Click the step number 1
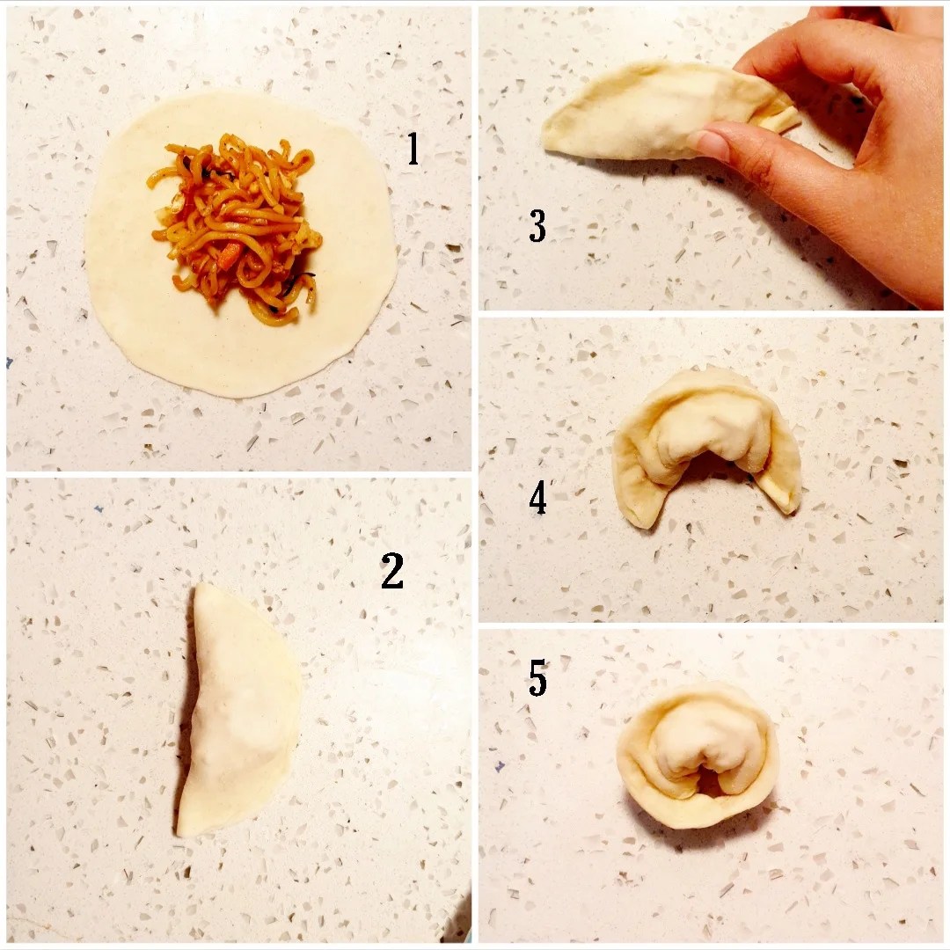(x=413, y=149)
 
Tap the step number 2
(x=392, y=570)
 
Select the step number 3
(x=537, y=226)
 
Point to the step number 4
(x=537, y=497)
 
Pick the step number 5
(x=537, y=677)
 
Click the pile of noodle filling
(x=237, y=227)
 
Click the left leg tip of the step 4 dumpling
(x=641, y=520)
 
